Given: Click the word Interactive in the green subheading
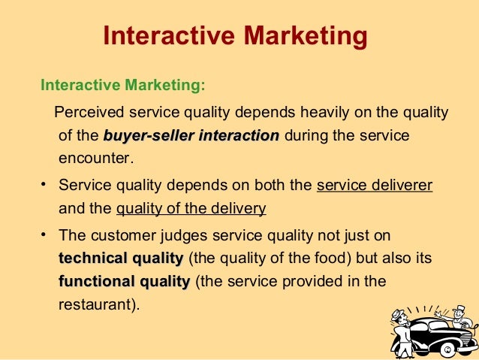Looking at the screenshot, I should click(77, 84).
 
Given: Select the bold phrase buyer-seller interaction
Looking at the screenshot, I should click(191, 136).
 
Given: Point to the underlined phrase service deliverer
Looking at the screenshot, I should click(375, 185).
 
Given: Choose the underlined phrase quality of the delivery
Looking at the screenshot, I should click(191, 208).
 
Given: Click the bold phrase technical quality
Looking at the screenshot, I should click(120, 259).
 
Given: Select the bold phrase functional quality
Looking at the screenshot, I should click(124, 282).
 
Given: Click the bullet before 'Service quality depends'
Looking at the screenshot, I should click(44, 184).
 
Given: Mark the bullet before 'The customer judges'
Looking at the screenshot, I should click(44, 234).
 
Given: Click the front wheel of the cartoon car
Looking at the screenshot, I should click(448, 349).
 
